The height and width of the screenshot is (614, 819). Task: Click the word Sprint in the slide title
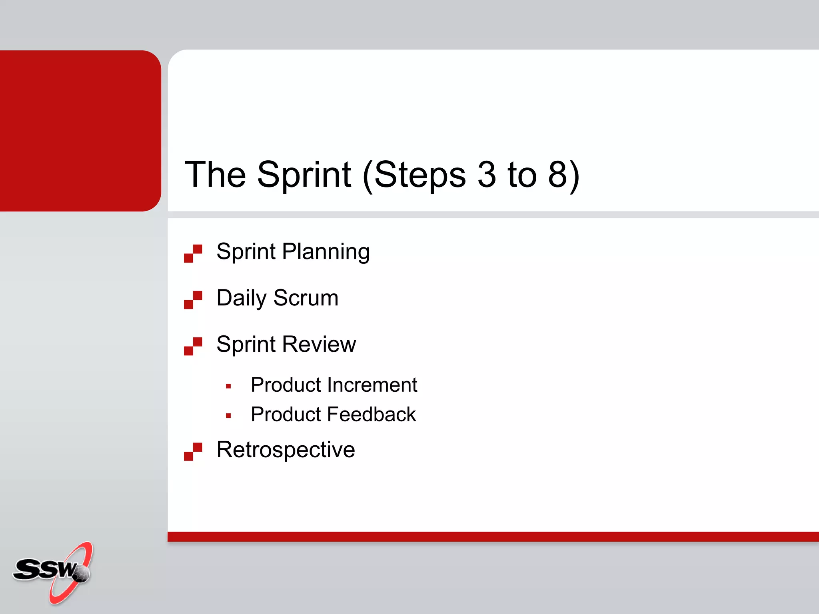pyautogui.click(x=304, y=175)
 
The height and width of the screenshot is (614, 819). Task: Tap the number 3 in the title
pyautogui.click(x=487, y=175)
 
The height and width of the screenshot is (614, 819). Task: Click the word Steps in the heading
pyautogui.click(x=420, y=175)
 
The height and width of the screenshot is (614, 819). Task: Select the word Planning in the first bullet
pyautogui.click(x=326, y=252)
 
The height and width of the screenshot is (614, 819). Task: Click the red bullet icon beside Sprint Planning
pyautogui.click(x=193, y=253)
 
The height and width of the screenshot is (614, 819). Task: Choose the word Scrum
pyautogui.click(x=306, y=298)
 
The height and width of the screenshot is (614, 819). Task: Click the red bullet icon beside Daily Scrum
pyautogui.click(x=193, y=300)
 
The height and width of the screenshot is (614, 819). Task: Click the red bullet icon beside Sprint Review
pyautogui.click(x=193, y=346)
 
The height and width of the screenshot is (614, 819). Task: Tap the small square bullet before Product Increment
pyautogui.click(x=228, y=386)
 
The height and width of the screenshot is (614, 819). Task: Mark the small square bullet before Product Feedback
pyautogui.click(x=228, y=416)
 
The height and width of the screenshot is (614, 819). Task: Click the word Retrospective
pyautogui.click(x=286, y=450)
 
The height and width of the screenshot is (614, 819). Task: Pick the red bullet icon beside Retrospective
pyautogui.click(x=193, y=452)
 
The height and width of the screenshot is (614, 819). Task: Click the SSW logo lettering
pyautogui.click(x=44, y=569)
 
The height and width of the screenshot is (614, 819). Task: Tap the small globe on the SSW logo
pyautogui.click(x=82, y=574)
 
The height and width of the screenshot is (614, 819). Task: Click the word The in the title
pyautogui.click(x=215, y=175)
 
